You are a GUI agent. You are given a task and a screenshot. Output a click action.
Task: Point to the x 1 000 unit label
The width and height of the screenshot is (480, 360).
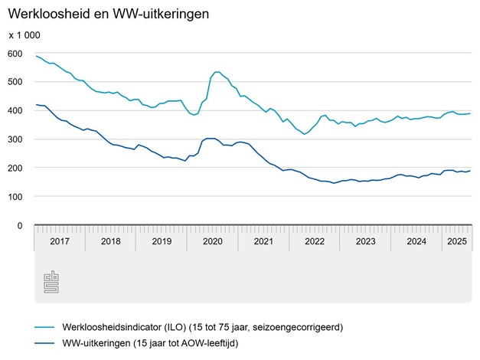tap(24, 35)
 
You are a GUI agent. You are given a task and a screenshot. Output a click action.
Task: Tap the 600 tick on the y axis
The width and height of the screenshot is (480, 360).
tap(15, 53)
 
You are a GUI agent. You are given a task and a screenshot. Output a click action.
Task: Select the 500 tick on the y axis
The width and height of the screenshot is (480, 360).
tap(15, 82)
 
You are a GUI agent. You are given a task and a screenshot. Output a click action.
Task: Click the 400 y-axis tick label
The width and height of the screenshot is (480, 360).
tap(15, 110)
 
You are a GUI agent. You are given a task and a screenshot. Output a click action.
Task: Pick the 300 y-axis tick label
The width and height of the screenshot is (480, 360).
tap(15, 139)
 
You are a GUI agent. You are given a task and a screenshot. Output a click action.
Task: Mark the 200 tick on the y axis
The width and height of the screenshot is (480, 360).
tap(15, 168)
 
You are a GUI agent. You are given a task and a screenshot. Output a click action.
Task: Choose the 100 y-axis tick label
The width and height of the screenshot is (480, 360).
tap(15, 197)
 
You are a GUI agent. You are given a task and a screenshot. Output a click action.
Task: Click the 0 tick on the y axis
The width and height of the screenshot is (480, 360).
tap(20, 226)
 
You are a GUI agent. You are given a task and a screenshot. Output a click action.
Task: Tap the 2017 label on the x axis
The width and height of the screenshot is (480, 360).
tap(60, 241)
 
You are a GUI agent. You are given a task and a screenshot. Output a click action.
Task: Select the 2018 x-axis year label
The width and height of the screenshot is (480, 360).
tap(110, 241)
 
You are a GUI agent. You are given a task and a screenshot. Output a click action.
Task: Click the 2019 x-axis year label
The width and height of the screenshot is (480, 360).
tap(162, 241)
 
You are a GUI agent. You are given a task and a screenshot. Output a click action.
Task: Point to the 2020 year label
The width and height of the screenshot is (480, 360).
tap(212, 241)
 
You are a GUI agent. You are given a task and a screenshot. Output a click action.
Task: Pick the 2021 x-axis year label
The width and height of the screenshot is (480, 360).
tap(263, 241)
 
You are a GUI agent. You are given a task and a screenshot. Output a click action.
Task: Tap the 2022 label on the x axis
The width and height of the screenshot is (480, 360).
tap(315, 241)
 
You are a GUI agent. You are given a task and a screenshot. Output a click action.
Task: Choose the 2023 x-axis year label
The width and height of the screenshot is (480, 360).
tap(365, 241)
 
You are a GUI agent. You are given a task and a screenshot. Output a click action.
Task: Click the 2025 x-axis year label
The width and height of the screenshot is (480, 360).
tap(457, 241)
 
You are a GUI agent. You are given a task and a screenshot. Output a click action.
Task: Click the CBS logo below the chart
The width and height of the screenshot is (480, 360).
tap(50, 283)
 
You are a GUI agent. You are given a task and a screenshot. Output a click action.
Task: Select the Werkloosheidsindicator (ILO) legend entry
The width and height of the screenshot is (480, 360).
tap(192, 327)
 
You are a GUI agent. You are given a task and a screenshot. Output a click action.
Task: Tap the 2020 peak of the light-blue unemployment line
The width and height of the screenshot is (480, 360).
tap(217, 72)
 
